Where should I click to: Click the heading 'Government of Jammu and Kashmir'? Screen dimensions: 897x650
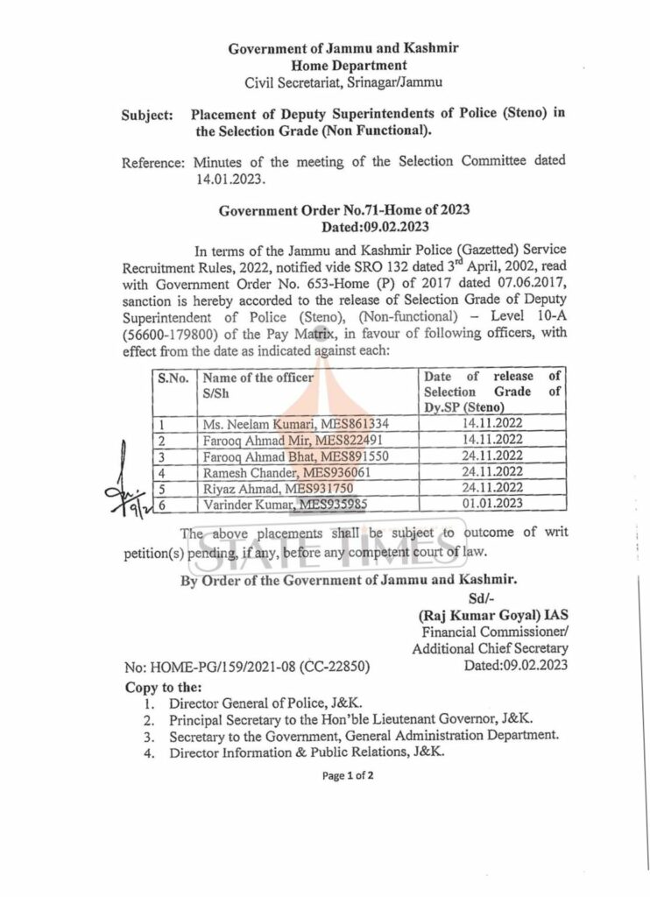tap(343, 49)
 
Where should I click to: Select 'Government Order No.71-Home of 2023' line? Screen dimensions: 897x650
tap(344, 210)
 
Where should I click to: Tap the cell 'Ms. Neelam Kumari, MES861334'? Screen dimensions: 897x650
tap(295, 424)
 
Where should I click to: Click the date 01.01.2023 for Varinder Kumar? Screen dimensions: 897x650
tap(491, 504)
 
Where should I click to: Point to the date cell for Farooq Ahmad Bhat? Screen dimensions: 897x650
tap(491, 456)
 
